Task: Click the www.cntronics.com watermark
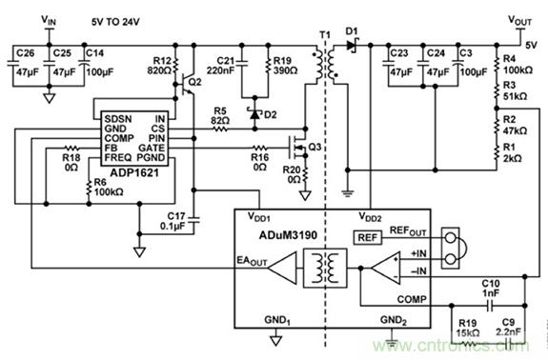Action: (x=474, y=349)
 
